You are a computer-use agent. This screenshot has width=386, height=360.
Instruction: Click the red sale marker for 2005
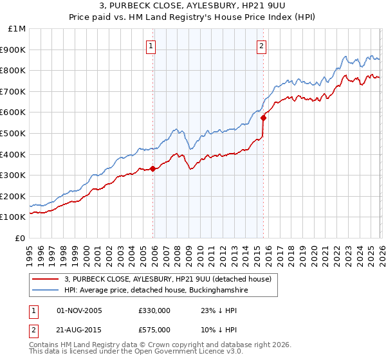point(152,169)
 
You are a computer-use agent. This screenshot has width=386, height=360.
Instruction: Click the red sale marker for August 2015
point(263,118)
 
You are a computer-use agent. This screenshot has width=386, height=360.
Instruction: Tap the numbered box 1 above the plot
point(151,45)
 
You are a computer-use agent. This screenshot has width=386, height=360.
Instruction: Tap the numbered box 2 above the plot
point(262,45)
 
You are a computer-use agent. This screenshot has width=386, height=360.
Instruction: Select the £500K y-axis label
point(14,134)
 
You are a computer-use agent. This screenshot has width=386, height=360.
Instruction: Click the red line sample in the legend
point(46,279)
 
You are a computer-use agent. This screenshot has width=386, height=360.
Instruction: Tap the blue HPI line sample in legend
point(46,291)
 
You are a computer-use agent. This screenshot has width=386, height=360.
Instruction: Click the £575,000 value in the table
point(154,328)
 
